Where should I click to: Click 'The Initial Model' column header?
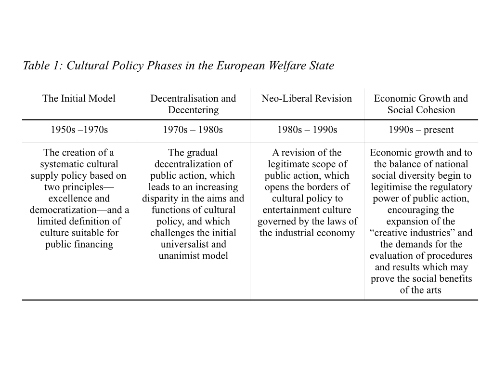click(x=79, y=99)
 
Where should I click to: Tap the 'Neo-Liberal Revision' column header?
click(x=307, y=99)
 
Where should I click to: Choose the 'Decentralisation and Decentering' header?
click(x=193, y=104)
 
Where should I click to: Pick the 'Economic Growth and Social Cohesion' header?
click(x=421, y=104)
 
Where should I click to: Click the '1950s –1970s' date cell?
click(x=79, y=130)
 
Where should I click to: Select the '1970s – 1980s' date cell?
click(x=193, y=130)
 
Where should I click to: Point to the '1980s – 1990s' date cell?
click(x=307, y=130)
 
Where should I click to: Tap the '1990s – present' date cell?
click(x=421, y=130)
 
